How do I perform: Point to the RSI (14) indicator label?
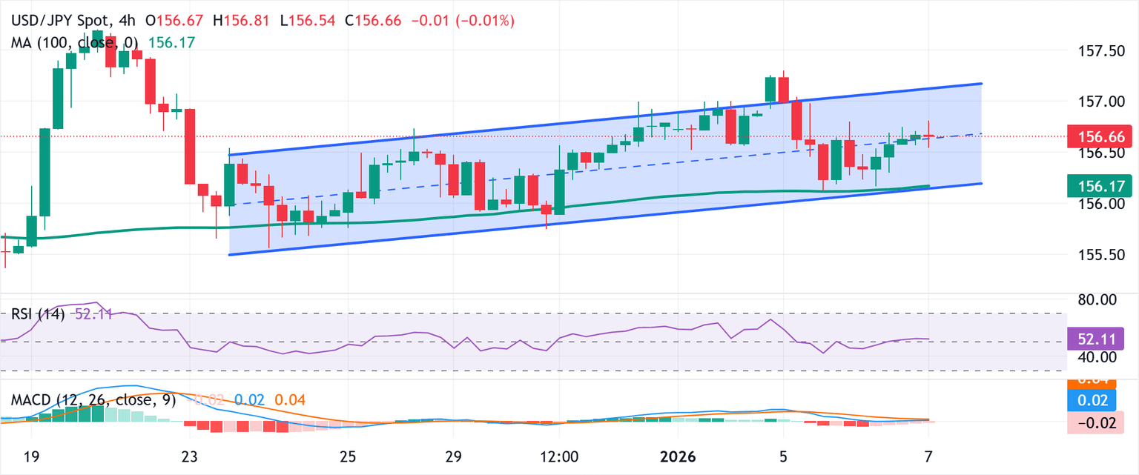click(37, 314)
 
